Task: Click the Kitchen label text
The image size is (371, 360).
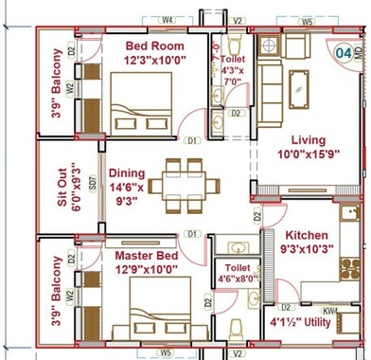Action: point(306,235)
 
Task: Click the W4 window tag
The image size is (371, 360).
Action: point(167,19)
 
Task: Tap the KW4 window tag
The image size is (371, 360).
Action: point(330,310)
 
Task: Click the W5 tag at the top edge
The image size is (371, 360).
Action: point(308,20)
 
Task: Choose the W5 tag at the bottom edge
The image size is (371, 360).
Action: point(168,352)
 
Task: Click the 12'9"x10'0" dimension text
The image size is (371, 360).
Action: point(146,271)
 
